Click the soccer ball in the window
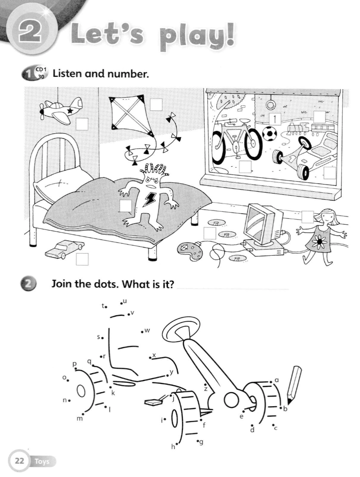(269, 134)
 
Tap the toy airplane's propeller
(41, 111)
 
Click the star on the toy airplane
(70, 111)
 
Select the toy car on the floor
(64, 248)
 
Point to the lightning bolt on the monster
(149, 198)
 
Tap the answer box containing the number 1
(275, 118)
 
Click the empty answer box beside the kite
(156, 105)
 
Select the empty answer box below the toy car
(82, 259)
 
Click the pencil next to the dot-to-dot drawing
(294, 385)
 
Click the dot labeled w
(142, 332)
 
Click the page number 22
(19, 461)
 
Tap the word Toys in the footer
(42, 461)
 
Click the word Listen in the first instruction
(67, 73)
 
